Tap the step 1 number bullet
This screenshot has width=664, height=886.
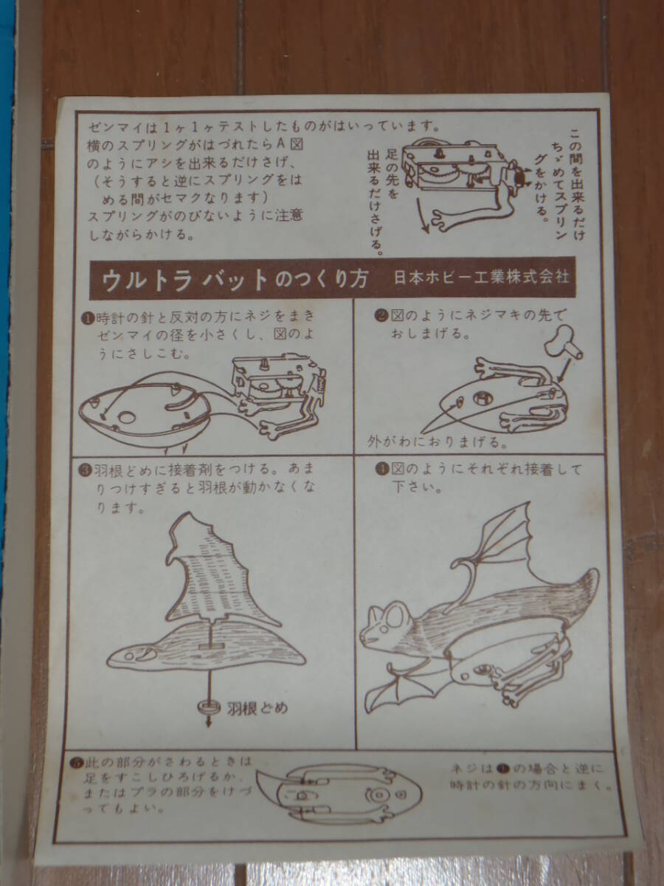[88, 318]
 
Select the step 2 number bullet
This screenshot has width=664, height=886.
[381, 315]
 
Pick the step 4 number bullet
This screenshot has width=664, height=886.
[381, 469]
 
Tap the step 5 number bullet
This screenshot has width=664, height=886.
[75, 763]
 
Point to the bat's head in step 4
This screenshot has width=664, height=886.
[386, 624]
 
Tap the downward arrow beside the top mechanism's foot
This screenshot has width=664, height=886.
[422, 216]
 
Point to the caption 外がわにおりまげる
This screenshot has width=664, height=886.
[438, 442]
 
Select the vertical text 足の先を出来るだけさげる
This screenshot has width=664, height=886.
[382, 202]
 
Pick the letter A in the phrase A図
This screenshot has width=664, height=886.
[281, 144]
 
